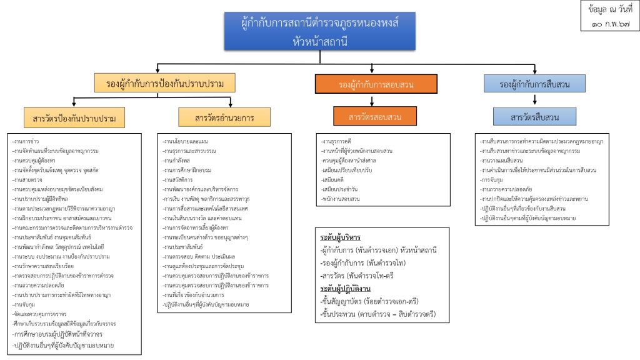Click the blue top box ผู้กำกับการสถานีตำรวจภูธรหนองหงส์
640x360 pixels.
(x=319, y=31)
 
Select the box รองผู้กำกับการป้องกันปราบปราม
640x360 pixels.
(x=166, y=83)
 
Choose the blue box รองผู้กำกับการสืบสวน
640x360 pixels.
(x=534, y=84)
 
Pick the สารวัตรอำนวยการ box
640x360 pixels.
(x=216, y=117)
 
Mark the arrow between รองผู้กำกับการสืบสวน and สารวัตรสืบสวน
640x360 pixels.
(x=534, y=100)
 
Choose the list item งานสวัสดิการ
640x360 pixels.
(x=178, y=179)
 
